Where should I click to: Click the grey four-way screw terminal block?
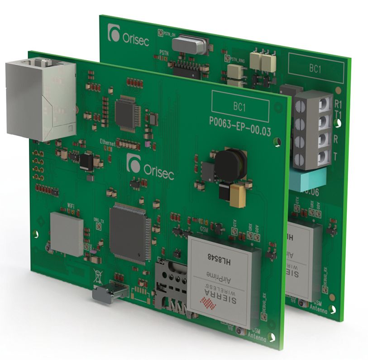312,129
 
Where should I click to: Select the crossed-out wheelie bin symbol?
97,274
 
